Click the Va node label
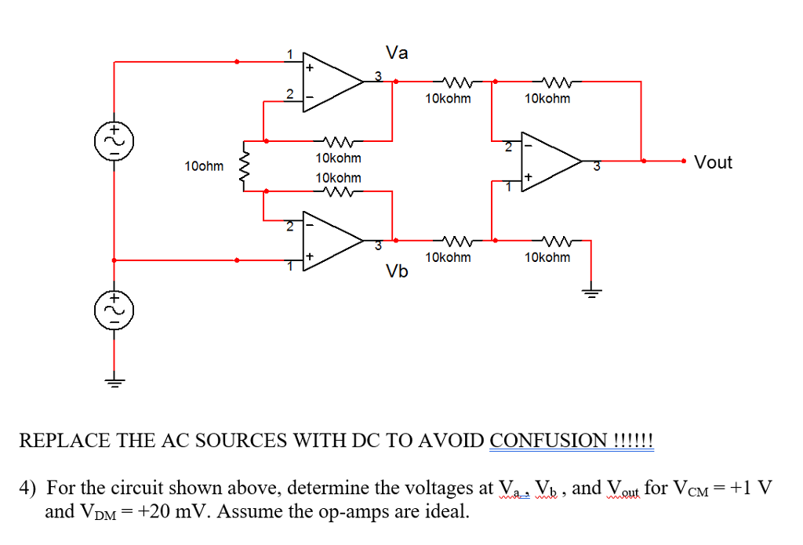398,53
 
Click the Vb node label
398,271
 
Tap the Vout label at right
713,162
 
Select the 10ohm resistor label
204,166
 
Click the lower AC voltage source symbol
114,308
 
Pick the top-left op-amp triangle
333,80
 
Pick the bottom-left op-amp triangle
333,241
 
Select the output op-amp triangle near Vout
554,162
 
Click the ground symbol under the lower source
114,383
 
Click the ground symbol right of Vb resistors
590,293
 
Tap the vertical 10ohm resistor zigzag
244,166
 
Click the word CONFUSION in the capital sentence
548,440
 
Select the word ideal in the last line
450,513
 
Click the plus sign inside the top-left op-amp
310,67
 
